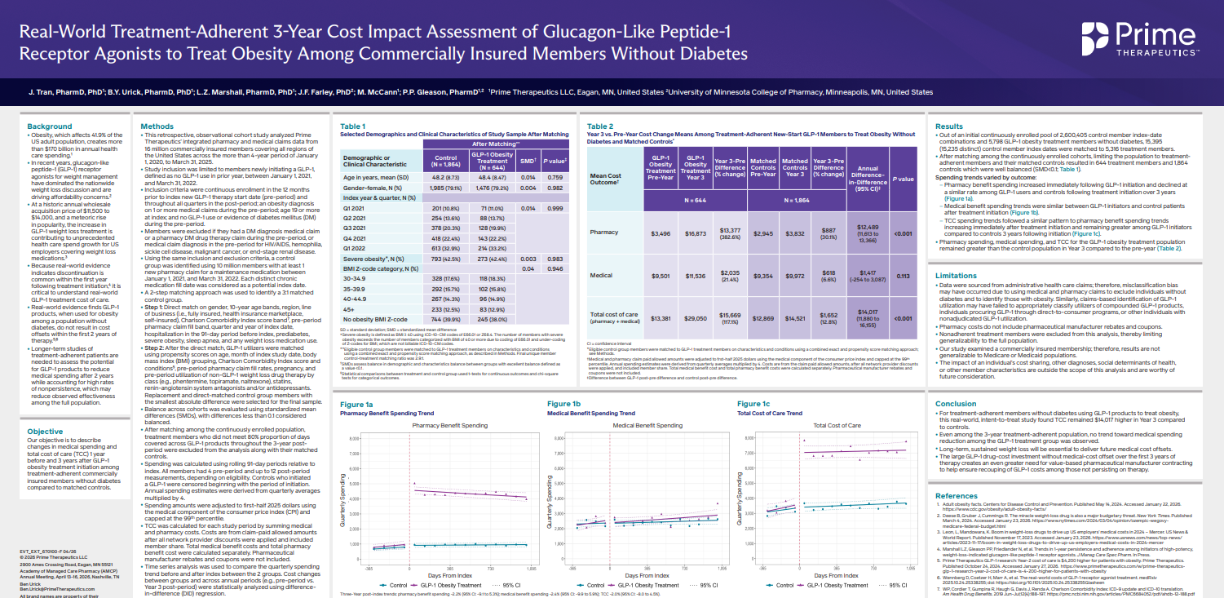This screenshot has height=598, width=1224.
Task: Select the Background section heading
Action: pos(50,126)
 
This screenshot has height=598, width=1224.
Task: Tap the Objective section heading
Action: pos(46,432)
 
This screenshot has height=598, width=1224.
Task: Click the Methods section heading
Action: pos(157,126)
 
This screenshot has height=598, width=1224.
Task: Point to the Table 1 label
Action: pos(353,126)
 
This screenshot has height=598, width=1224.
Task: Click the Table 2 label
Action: pos(600,126)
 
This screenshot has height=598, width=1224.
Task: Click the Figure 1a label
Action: pos(356,404)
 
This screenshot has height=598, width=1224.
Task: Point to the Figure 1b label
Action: pos(564,404)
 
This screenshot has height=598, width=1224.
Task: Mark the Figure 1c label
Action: pos(753,404)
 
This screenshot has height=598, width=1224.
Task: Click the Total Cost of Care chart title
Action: pos(837,426)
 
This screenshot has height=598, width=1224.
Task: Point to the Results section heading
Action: pos(949,126)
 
